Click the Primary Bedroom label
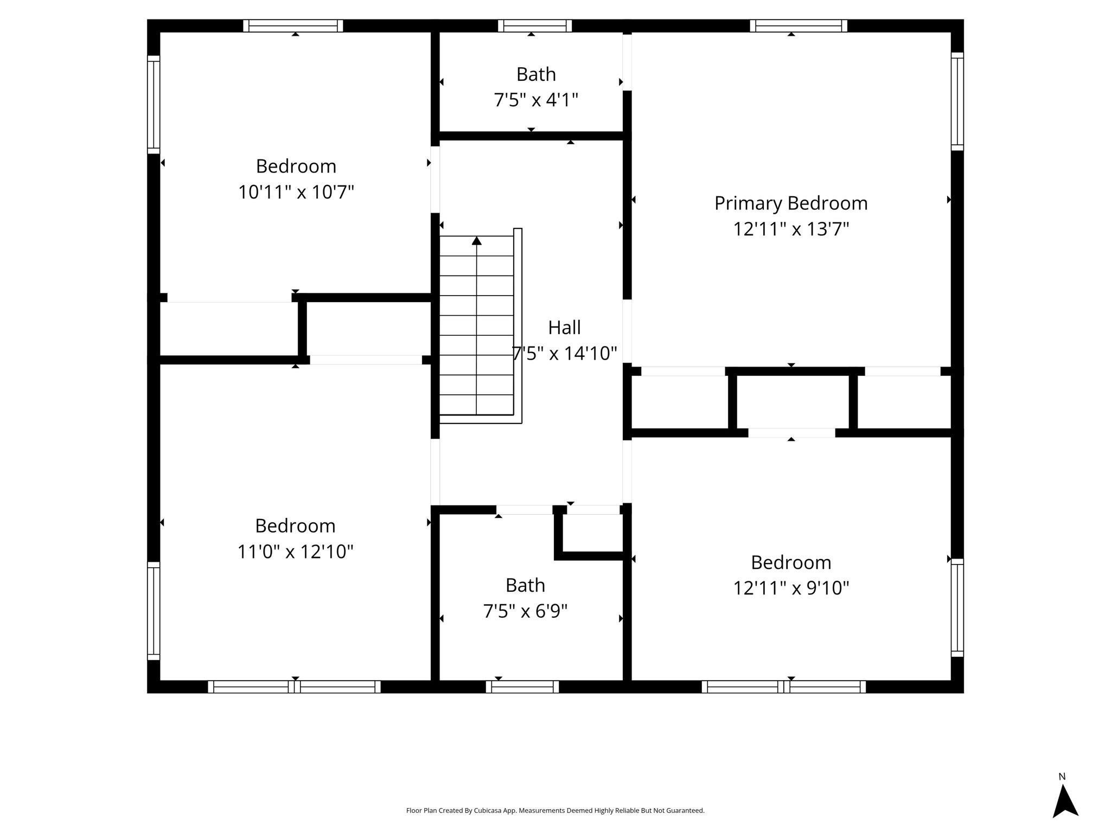point(791,203)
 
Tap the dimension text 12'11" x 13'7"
point(791,229)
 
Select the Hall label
point(564,328)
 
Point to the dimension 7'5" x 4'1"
point(536,100)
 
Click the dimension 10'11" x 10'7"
point(296,192)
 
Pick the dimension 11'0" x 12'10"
point(296,552)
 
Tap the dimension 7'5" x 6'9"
point(525,611)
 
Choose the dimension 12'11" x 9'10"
point(791,588)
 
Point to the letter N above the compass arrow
point(1062,777)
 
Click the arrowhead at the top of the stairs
point(477,241)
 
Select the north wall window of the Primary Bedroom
point(799,25)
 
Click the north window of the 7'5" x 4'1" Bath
point(535,25)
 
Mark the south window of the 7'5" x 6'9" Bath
point(522,687)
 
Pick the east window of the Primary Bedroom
point(957,101)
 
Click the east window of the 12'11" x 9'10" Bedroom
point(957,607)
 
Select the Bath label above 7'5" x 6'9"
point(525,586)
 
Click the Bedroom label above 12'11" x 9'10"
point(791,563)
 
